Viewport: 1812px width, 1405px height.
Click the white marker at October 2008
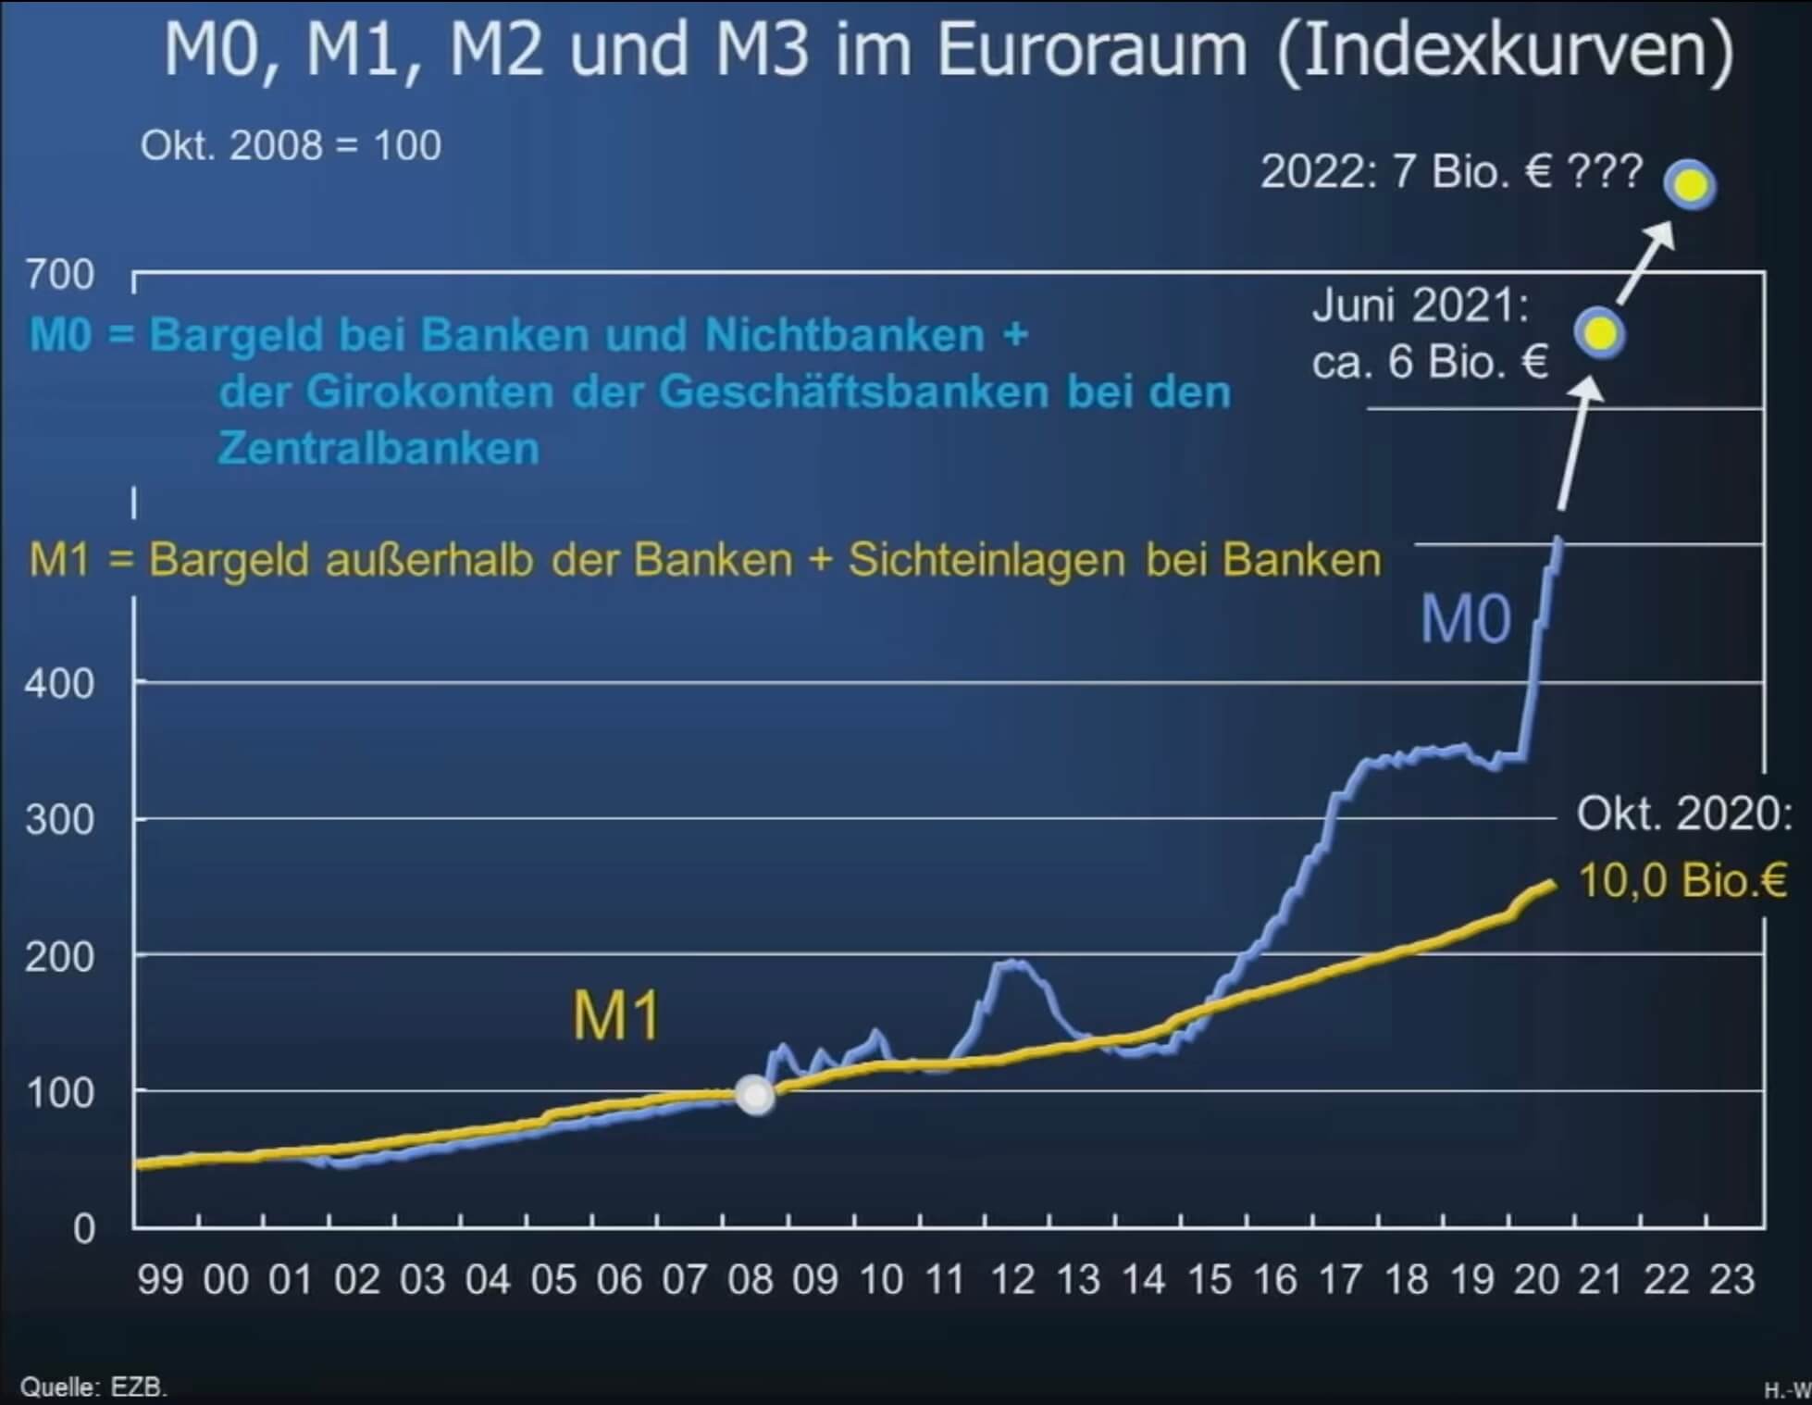pyautogui.click(x=755, y=1095)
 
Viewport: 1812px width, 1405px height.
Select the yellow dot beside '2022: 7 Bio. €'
pyautogui.click(x=1690, y=184)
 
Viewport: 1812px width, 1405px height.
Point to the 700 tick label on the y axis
pyautogui.click(x=60, y=275)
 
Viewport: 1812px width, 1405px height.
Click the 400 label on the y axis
pyautogui.click(x=60, y=684)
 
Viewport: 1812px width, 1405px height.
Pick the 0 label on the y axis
pyautogui.click(x=84, y=1229)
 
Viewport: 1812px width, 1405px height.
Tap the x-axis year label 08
pyautogui.click(x=750, y=1280)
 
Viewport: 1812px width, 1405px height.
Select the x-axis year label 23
pyautogui.click(x=1731, y=1280)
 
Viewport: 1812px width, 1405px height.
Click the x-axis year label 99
pyautogui.click(x=160, y=1280)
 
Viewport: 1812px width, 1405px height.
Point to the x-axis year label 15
pyautogui.click(x=1210, y=1280)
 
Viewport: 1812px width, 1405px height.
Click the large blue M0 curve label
pyautogui.click(x=1466, y=619)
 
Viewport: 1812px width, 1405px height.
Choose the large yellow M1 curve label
pyautogui.click(x=616, y=1016)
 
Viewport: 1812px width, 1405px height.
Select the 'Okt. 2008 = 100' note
pyautogui.click(x=291, y=145)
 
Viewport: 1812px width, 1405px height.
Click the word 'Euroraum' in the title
pyautogui.click(x=1092, y=50)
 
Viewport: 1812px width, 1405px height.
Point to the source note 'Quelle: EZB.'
pyautogui.click(x=93, y=1387)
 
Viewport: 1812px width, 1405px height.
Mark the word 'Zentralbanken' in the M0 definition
pyautogui.click(x=379, y=449)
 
